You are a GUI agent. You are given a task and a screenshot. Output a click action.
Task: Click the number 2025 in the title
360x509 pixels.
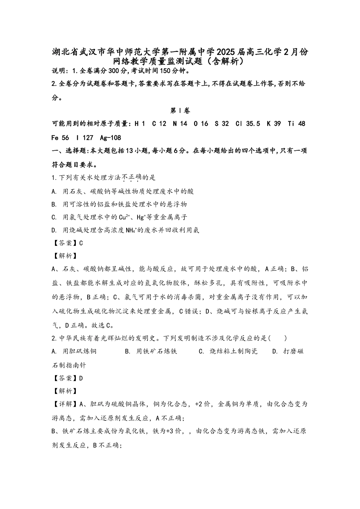click(x=226, y=52)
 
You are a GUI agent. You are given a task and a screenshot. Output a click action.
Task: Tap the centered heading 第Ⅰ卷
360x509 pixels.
click(x=180, y=111)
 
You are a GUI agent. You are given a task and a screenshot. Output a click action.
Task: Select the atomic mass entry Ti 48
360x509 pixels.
click(x=296, y=124)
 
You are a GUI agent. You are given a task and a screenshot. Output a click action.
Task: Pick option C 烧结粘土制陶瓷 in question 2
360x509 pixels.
click(x=228, y=351)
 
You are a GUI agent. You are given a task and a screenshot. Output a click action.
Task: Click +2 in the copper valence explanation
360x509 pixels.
click(x=199, y=404)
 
